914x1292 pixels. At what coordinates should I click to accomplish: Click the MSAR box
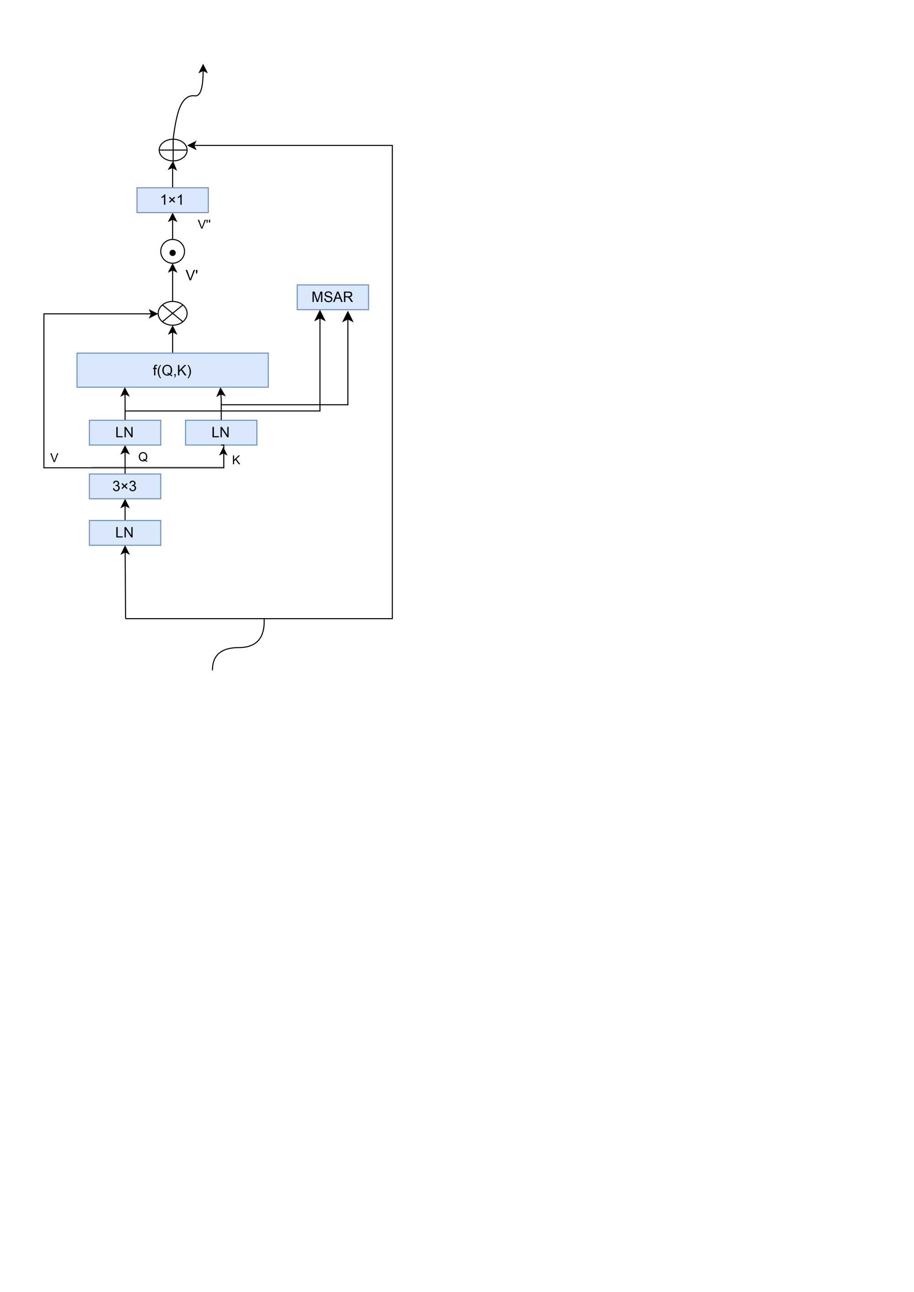pos(333,297)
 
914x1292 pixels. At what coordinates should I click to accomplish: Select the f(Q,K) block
pos(172,370)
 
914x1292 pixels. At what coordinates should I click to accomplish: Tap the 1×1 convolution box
pos(172,200)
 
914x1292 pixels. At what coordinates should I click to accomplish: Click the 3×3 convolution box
pos(125,486)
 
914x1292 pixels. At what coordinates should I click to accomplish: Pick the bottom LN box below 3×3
pos(125,532)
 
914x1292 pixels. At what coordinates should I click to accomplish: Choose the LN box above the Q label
pos(125,432)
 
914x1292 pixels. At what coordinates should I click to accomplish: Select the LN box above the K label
pos(221,432)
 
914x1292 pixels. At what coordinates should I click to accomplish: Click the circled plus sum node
pos(173,150)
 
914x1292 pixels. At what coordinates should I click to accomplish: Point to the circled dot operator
pos(173,252)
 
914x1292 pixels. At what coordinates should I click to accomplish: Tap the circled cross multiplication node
pos(173,313)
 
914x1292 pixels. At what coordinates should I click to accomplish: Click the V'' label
pos(204,224)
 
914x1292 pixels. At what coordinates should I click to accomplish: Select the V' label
pos(191,275)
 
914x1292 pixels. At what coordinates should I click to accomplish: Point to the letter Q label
pos(143,457)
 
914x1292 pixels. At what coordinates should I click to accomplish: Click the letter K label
pos(236,461)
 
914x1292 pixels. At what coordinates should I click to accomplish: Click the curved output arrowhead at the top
pos(204,69)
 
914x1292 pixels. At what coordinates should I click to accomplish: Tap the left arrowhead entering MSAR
pos(320,316)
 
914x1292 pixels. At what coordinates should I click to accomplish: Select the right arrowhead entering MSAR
pos(348,316)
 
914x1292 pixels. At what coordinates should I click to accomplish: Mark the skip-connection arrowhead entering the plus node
pos(192,146)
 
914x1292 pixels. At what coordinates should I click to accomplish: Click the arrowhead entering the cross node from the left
pos(153,313)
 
